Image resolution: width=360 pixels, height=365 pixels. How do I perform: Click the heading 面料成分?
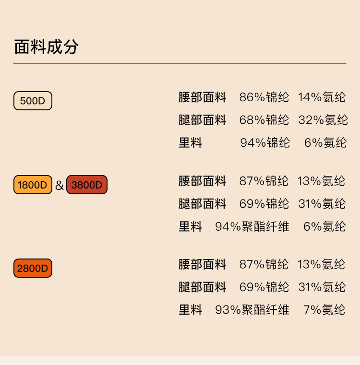tap(46, 47)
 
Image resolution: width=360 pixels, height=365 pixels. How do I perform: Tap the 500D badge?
tap(33, 101)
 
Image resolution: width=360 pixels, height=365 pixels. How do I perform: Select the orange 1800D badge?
tap(33, 185)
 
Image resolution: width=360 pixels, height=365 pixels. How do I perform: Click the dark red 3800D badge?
tap(87, 185)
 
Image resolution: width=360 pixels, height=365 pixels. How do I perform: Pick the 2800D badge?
tap(33, 268)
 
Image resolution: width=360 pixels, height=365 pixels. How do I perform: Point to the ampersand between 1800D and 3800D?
tap(59, 185)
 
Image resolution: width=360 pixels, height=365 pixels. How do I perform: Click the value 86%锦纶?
tap(264, 97)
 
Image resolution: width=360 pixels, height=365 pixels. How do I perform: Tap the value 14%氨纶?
tap(322, 97)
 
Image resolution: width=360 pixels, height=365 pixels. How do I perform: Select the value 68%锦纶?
tap(264, 120)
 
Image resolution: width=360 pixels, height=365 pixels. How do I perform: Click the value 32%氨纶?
tap(323, 120)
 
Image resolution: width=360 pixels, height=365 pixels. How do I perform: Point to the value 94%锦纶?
tap(265, 142)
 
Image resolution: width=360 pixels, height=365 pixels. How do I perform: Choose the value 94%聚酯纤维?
tap(252, 226)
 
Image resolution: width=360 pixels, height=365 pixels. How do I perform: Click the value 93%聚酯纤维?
tap(252, 310)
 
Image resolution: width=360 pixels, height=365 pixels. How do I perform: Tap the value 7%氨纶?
tap(324, 310)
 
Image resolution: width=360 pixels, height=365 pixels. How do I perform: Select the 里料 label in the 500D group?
tap(191, 142)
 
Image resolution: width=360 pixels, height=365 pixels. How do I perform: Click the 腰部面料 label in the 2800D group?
tap(202, 264)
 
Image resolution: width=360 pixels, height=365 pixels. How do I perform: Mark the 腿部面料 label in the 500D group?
tap(202, 120)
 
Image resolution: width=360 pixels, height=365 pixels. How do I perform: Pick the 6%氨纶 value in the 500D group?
tap(325, 142)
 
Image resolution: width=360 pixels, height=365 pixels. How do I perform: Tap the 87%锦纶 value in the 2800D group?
tap(264, 264)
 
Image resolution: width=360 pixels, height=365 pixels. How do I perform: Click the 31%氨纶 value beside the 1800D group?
tap(322, 204)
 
